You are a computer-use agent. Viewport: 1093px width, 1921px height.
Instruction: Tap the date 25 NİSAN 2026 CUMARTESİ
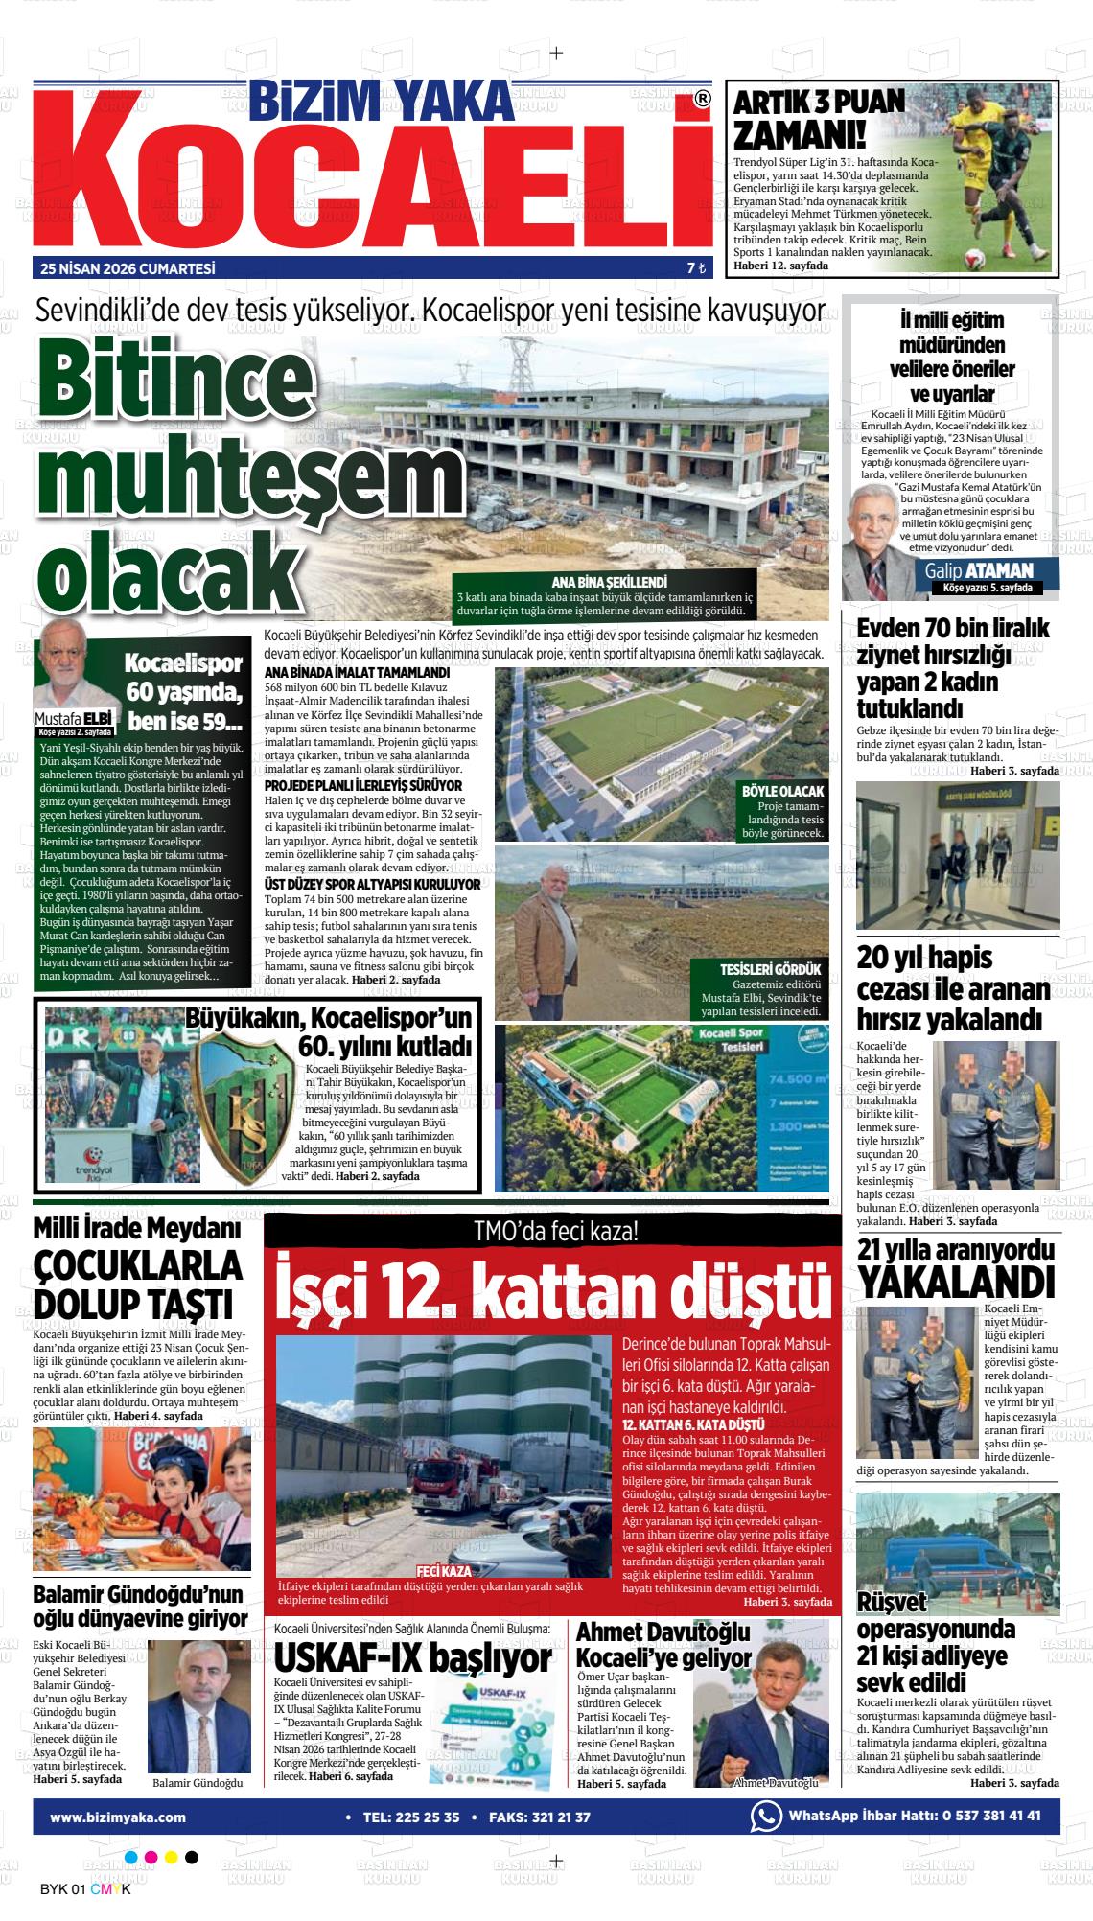[128, 269]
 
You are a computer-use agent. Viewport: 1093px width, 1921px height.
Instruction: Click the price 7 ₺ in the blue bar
[696, 269]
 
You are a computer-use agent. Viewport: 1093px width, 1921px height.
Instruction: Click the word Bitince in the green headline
[161, 381]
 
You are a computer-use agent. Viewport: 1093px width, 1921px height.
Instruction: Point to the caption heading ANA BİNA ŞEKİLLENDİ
[609, 582]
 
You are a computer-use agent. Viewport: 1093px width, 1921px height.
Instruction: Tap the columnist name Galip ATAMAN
[979, 571]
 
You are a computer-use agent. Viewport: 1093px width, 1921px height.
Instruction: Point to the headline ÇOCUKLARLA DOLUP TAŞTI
[136, 1285]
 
